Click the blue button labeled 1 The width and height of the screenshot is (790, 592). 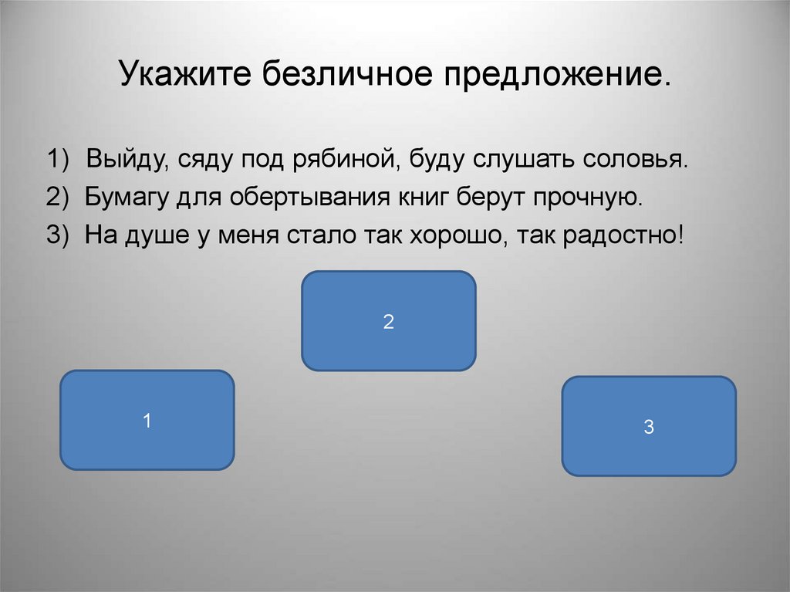click(147, 420)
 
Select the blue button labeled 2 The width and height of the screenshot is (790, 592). click(388, 321)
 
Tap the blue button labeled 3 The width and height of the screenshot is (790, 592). click(648, 426)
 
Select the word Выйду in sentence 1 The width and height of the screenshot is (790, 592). click(127, 160)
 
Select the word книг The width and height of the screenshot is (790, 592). click(420, 197)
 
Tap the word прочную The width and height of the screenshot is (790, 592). click(586, 197)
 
